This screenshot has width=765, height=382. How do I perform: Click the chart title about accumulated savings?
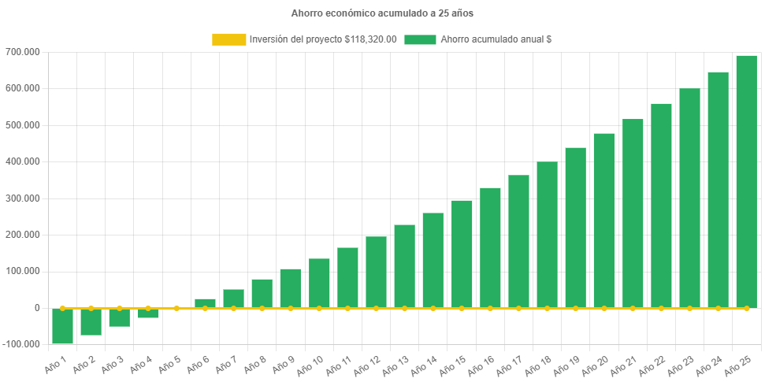click(382, 13)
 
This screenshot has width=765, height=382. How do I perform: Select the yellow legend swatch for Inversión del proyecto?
click(228, 39)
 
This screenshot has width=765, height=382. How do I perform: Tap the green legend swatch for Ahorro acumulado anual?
click(420, 39)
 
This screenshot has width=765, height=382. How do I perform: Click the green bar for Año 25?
click(746, 181)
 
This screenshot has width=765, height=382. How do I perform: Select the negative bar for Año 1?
click(62, 326)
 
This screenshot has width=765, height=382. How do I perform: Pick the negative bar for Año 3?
click(119, 317)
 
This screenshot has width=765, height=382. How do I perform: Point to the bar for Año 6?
click(205, 303)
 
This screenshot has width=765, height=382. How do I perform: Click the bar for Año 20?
click(603, 221)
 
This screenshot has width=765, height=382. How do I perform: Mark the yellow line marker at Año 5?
click(176, 308)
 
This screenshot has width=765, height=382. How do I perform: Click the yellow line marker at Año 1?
click(62, 308)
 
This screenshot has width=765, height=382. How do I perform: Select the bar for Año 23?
click(689, 198)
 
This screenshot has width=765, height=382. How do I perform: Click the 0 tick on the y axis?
click(38, 308)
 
